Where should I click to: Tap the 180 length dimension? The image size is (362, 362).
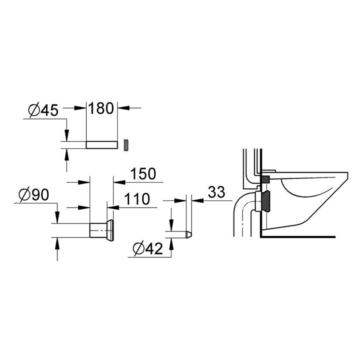[101, 108]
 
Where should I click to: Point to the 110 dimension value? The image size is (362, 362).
[137, 199]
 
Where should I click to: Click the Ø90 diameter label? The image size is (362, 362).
[34, 195]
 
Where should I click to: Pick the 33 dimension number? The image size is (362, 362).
[216, 192]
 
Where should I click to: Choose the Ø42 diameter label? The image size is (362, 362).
[148, 249]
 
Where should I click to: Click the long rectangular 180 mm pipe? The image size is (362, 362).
[102, 145]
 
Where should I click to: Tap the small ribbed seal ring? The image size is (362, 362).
[126, 145]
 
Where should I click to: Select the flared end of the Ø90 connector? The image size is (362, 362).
[111, 230]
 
